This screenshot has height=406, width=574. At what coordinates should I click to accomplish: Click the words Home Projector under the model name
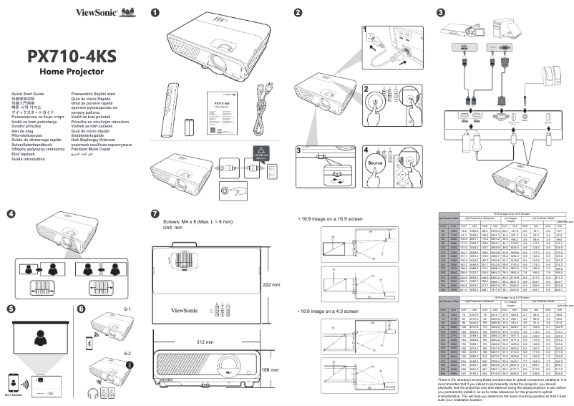(71, 72)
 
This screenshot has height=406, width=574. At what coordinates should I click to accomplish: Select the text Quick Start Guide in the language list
(24, 94)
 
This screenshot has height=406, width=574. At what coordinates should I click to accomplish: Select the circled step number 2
(298, 13)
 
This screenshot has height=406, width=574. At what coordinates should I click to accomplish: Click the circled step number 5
(11, 289)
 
